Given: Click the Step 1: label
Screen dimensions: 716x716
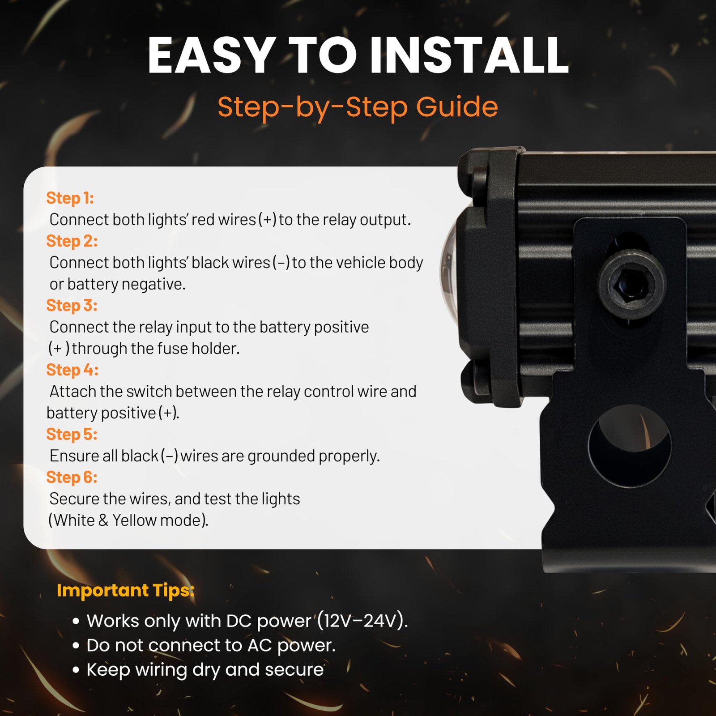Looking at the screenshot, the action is coord(70,198).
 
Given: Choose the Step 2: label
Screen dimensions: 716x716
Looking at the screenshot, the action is coord(72,241).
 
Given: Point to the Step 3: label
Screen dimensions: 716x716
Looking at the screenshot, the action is coord(72,305).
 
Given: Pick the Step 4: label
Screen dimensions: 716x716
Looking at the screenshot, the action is coord(72,370).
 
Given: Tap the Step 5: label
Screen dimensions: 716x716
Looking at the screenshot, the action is coord(72,434).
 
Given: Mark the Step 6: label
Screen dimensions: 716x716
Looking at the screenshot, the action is coord(72,477).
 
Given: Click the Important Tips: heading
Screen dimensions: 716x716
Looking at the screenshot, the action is coord(126,591).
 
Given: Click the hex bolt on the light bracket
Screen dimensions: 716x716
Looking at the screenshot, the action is coord(632,285).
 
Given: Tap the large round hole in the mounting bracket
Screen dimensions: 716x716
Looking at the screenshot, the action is coord(630,446).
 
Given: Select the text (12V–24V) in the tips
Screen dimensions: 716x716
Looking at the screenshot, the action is coord(362,621).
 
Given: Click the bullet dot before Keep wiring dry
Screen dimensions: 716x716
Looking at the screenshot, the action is coord(76,670).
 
